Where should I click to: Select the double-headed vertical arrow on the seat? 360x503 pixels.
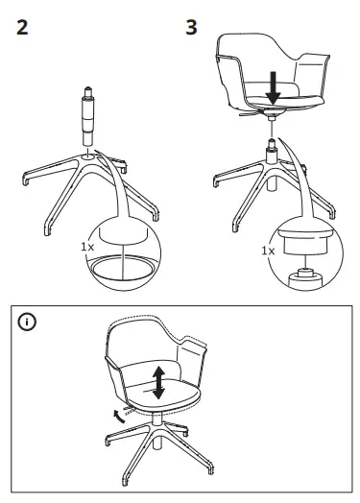158,382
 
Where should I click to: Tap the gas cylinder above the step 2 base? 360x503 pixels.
86,120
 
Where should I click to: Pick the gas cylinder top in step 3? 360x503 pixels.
272,149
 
